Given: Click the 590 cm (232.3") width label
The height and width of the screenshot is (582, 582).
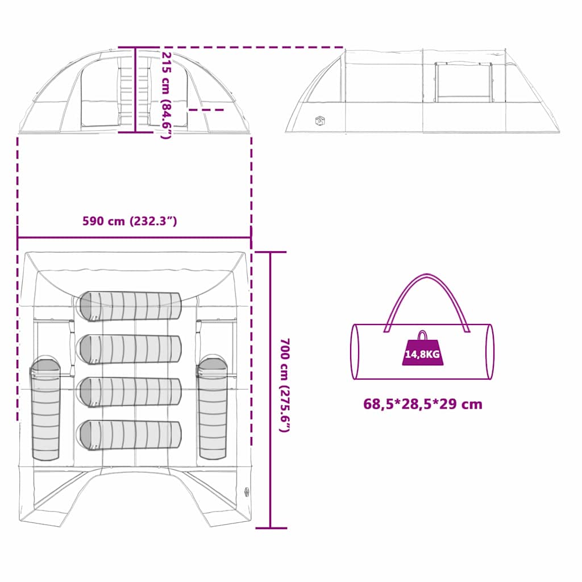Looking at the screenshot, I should (x=130, y=221).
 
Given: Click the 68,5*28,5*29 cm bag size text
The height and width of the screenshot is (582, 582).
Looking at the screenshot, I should (x=423, y=405).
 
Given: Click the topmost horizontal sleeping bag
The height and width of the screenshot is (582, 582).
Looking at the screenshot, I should (x=130, y=306).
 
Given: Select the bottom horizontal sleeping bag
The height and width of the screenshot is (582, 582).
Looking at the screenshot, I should (x=130, y=434).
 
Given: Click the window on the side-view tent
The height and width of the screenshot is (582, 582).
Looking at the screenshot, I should (x=463, y=82).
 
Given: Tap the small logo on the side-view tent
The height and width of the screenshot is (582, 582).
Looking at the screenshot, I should (x=320, y=120).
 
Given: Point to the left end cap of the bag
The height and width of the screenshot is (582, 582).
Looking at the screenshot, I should (x=356, y=352).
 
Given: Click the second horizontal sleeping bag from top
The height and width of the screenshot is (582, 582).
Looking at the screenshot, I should (x=130, y=349).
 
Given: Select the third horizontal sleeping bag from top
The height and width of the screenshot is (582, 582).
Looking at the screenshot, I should (x=130, y=392).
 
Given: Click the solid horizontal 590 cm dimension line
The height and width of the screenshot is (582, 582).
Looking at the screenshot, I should (x=134, y=238).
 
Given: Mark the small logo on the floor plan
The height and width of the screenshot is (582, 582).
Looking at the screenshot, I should (x=246, y=492).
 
